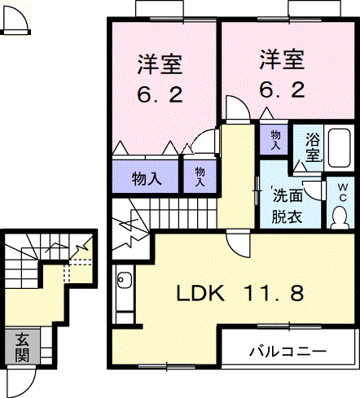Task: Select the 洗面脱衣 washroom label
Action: pos(286,207)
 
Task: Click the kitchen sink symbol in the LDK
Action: pos(125,282)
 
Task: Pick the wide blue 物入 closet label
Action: pos(146,178)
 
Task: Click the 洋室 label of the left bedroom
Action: pos(159,63)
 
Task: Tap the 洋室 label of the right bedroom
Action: pos(282,60)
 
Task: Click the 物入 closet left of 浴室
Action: pos(275,140)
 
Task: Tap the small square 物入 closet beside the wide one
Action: pos(200,177)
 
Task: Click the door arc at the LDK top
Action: pos(238,243)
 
